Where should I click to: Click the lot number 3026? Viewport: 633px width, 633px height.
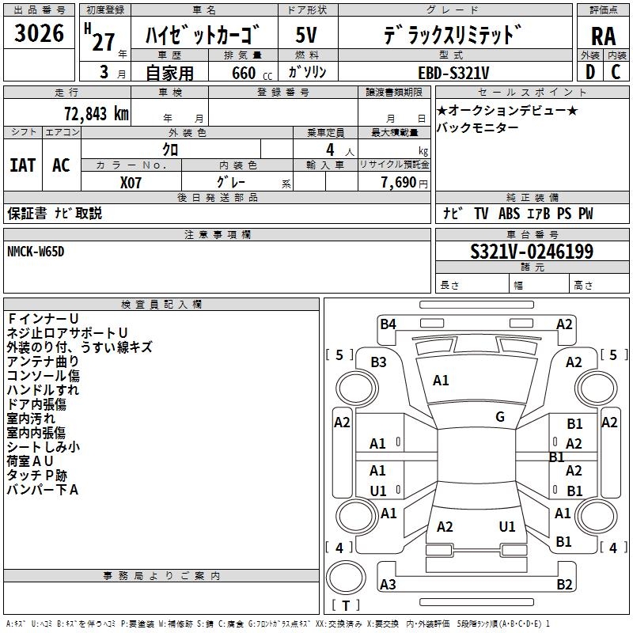tap(39, 34)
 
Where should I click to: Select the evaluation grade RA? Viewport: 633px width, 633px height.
tap(603, 36)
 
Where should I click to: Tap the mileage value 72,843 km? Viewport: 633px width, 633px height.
tap(94, 113)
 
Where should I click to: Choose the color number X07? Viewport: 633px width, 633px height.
tap(131, 181)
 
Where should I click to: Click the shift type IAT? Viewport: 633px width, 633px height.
tap(22, 165)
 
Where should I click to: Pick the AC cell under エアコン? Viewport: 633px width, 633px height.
tap(61, 165)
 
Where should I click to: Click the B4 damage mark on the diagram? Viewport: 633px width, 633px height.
tap(388, 323)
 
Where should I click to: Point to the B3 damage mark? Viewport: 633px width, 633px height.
tap(378, 362)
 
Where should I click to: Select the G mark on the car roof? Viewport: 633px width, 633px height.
tap(500, 416)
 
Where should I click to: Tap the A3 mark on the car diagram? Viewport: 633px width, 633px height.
tap(388, 584)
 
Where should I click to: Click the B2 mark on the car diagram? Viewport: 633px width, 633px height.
tap(564, 584)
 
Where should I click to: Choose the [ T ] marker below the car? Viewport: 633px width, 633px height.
tap(345, 606)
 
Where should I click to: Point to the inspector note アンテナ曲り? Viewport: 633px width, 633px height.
tap(43, 361)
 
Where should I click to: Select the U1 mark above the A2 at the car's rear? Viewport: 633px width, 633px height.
tap(507, 526)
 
